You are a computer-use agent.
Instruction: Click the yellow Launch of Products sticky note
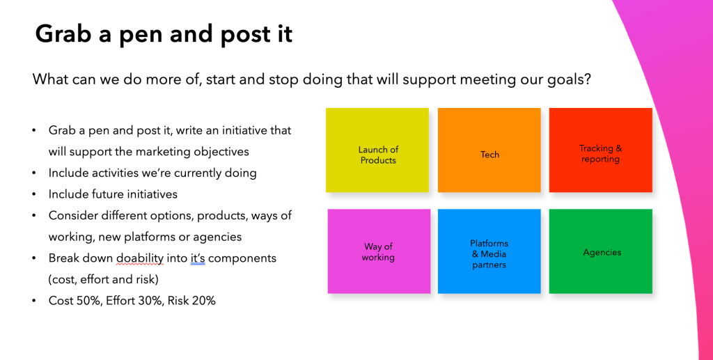tap(377, 150)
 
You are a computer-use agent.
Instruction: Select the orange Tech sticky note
tap(489, 150)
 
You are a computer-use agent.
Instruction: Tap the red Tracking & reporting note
tap(601, 150)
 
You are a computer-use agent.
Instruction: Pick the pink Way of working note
tap(379, 251)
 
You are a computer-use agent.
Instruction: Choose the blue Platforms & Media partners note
tap(489, 251)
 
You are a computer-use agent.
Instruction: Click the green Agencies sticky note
tap(601, 251)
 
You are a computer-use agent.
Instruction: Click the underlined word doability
tap(140, 258)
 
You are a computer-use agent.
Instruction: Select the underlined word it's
tap(198, 258)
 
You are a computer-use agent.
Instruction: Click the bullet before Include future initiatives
tap(34, 194)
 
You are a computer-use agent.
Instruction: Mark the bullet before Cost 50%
tap(34, 301)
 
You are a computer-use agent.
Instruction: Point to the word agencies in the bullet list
tap(217, 237)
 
